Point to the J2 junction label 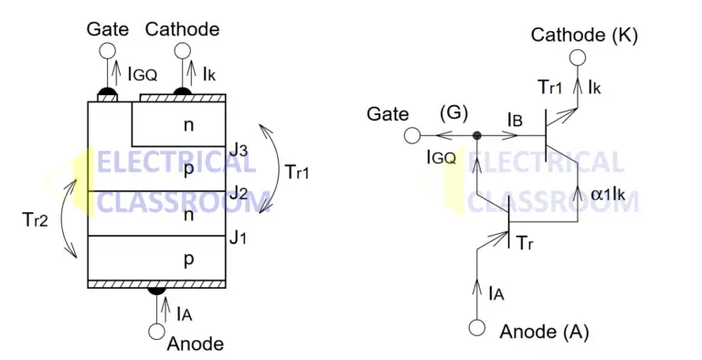[x=238, y=193]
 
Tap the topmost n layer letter [x=187, y=122]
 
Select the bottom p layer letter [x=188, y=259]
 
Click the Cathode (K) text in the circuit [x=585, y=36]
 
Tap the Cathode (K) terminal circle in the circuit [x=578, y=59]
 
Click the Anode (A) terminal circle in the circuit [x=476, y=328]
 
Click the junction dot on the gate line [x=476, y=136]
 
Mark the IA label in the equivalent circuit [x=497, y=293]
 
